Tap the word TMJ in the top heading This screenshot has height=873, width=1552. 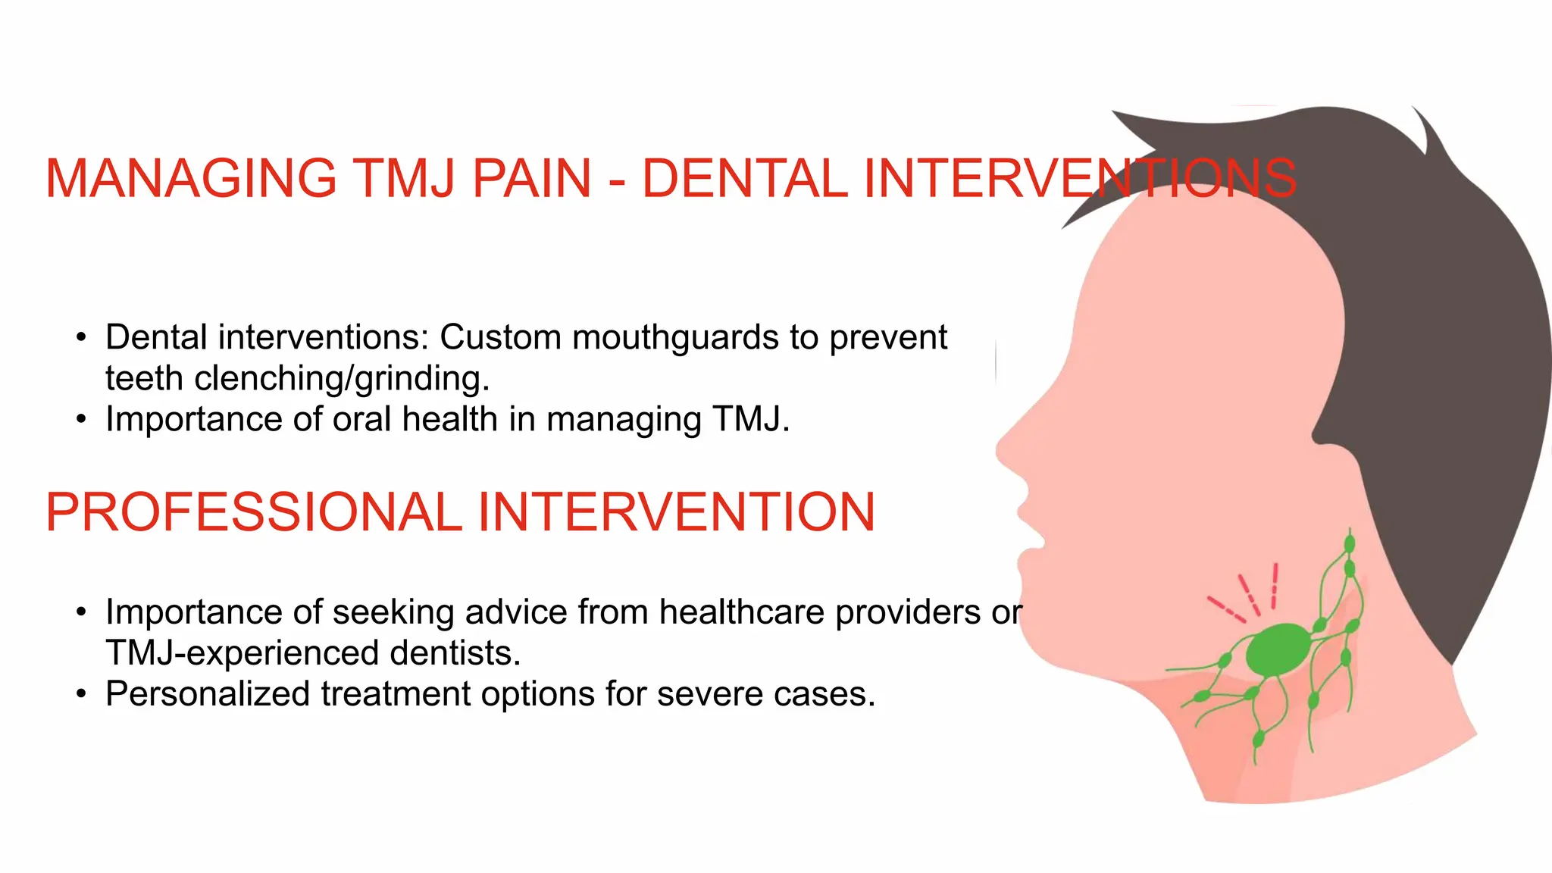[x=405, y=179]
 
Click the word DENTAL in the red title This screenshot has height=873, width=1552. [x=745, y=179]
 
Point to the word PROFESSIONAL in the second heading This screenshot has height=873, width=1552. [x=253, y=512]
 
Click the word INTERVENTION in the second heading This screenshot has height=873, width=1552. [x=676, y=512]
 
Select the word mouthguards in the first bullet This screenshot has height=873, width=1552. [x=675, y=338]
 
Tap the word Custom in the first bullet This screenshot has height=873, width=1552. [x=500, y=337]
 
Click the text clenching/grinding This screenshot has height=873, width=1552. [x=342, y=379]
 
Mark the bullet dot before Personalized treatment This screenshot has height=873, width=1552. [x=82, y=693]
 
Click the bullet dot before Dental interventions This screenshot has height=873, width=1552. [x=82, y=337]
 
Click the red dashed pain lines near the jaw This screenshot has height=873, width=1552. [x=1247, y=595]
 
